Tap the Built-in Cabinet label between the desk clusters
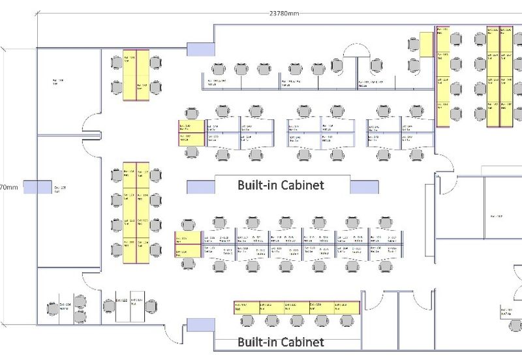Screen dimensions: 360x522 pyautogui.click(x=280, y=185)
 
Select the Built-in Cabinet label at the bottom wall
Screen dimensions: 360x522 pyautogui.click(x=280, y=342)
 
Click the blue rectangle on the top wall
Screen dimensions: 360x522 pyautogui.click(x=201, y=48)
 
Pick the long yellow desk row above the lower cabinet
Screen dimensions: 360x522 pyautogui.click(x=296, y=307)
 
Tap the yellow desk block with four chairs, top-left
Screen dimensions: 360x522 pyautogui.click(x=136, y=75)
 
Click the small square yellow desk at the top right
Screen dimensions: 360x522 pyautogui.click(x=427, y=44)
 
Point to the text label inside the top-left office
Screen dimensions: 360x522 pyautogui.click(x=59, y=82)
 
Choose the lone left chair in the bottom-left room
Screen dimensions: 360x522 pyautogui.click(x=52, y=308)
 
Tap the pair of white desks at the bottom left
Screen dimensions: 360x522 pyautogui.click(x=130, y=305)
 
